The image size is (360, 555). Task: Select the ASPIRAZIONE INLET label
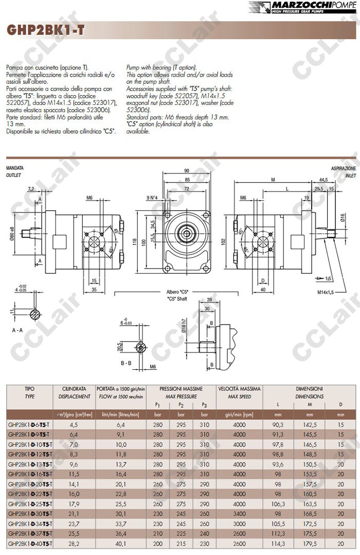coord(343,171)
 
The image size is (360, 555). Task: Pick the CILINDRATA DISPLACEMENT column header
coord(74,392)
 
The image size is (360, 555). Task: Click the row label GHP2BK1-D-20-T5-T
coord(29,484)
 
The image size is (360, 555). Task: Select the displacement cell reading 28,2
coord(74,543)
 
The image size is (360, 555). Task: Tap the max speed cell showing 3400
coord(240,513)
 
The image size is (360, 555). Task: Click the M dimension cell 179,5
coord(310,543)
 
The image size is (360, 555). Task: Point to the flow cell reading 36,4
coord(121,533)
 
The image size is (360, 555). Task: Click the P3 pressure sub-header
coord(205,405)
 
